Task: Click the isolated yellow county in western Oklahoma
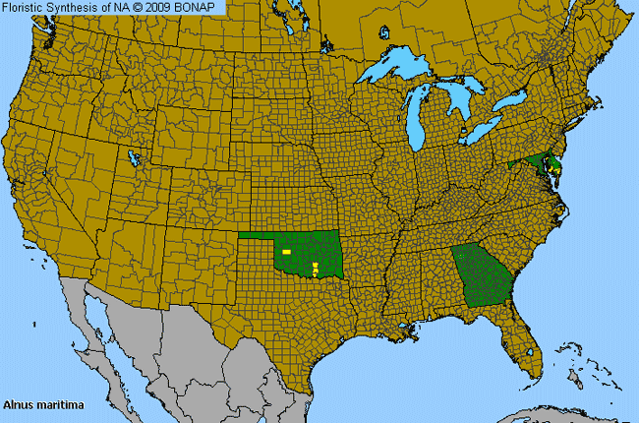point(286,253)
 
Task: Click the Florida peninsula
point(526,349)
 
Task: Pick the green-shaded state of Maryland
point(539,161)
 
